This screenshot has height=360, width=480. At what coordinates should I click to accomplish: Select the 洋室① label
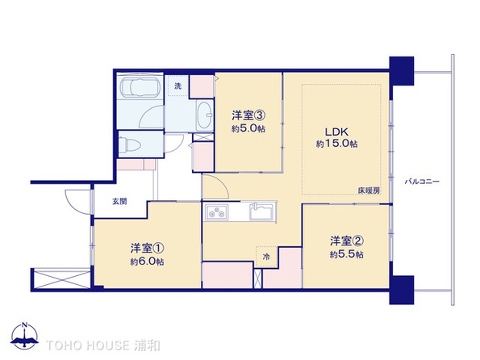coord(147,248)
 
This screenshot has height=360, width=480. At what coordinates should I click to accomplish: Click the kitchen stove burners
coord(218,214)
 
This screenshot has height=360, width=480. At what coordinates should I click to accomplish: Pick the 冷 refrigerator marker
coord(265,256)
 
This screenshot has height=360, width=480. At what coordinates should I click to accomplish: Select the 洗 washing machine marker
coord(178,85)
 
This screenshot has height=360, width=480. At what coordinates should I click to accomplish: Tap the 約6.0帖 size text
coord(148,262)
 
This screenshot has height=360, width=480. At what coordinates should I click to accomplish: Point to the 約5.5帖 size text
coord(346,255)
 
